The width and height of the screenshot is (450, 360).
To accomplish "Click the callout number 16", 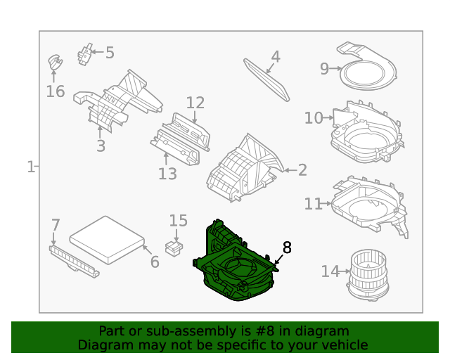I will click(x=56, y=91).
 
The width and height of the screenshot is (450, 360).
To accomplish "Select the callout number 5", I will click(x=110, y=52).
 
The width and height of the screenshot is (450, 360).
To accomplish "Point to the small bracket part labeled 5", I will click(x=86, y=53).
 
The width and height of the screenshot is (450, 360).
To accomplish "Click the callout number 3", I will click(x=101, y=146).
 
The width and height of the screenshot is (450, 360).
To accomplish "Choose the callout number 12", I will click(x=195, y=103).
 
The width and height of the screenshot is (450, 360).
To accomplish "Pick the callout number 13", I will click(x=167, y=173).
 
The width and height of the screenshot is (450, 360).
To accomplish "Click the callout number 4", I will click(x=276, y=56).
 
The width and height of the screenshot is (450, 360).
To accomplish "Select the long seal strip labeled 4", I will click(x=267, y=79).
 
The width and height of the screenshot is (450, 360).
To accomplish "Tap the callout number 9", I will click(x=325, y=68).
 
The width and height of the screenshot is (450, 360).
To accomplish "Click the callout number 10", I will click(x=314, y=118).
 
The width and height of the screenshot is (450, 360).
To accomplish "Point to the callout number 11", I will click(x=314, y=204).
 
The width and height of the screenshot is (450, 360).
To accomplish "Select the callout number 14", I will click(x=330, y=271).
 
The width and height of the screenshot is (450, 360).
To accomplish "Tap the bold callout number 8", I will click(x=287, y=247).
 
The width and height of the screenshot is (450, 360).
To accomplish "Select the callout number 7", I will click(x=56, y=226).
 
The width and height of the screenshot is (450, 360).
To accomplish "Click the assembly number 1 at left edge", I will click(x=31, y=167).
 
